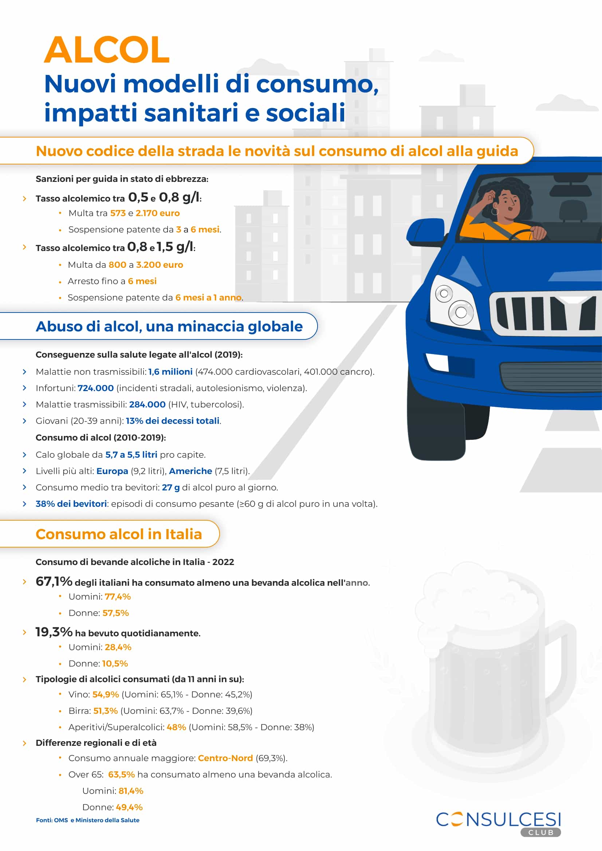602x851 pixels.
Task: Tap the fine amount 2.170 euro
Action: coord(158,213)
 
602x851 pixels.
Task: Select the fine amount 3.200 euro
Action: coord(160,265)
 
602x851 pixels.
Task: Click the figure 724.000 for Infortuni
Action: coord(96,388)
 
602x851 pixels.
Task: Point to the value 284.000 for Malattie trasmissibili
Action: coord(147,404)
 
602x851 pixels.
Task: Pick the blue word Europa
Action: coord(112,471)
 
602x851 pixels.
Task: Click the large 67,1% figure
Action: coord(54,581)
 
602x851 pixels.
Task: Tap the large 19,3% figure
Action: coord(54,632)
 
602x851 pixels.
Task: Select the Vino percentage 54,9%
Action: coord(106,694)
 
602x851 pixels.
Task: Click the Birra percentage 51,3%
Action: coord(105,711)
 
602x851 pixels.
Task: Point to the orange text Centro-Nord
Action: coord(225,758)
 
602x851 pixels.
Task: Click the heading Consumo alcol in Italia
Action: coord(119,534)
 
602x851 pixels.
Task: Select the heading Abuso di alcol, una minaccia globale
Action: coord(169,326)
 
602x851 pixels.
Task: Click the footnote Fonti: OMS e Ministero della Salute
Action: coord(87,820)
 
